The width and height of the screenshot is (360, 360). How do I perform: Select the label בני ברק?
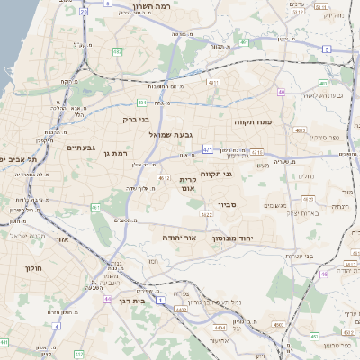(137, 118)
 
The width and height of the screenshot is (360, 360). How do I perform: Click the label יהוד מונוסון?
(234, 240)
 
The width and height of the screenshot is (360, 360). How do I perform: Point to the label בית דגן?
(131, 301)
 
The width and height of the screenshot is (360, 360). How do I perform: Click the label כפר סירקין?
(323, 138)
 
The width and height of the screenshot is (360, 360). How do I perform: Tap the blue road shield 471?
(208, 149)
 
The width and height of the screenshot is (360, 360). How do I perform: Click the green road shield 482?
(117, 51)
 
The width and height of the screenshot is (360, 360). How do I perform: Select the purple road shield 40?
(282, 92)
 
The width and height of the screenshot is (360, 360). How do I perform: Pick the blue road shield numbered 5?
(326, 49)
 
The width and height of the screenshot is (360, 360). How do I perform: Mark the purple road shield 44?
(108, 299)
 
